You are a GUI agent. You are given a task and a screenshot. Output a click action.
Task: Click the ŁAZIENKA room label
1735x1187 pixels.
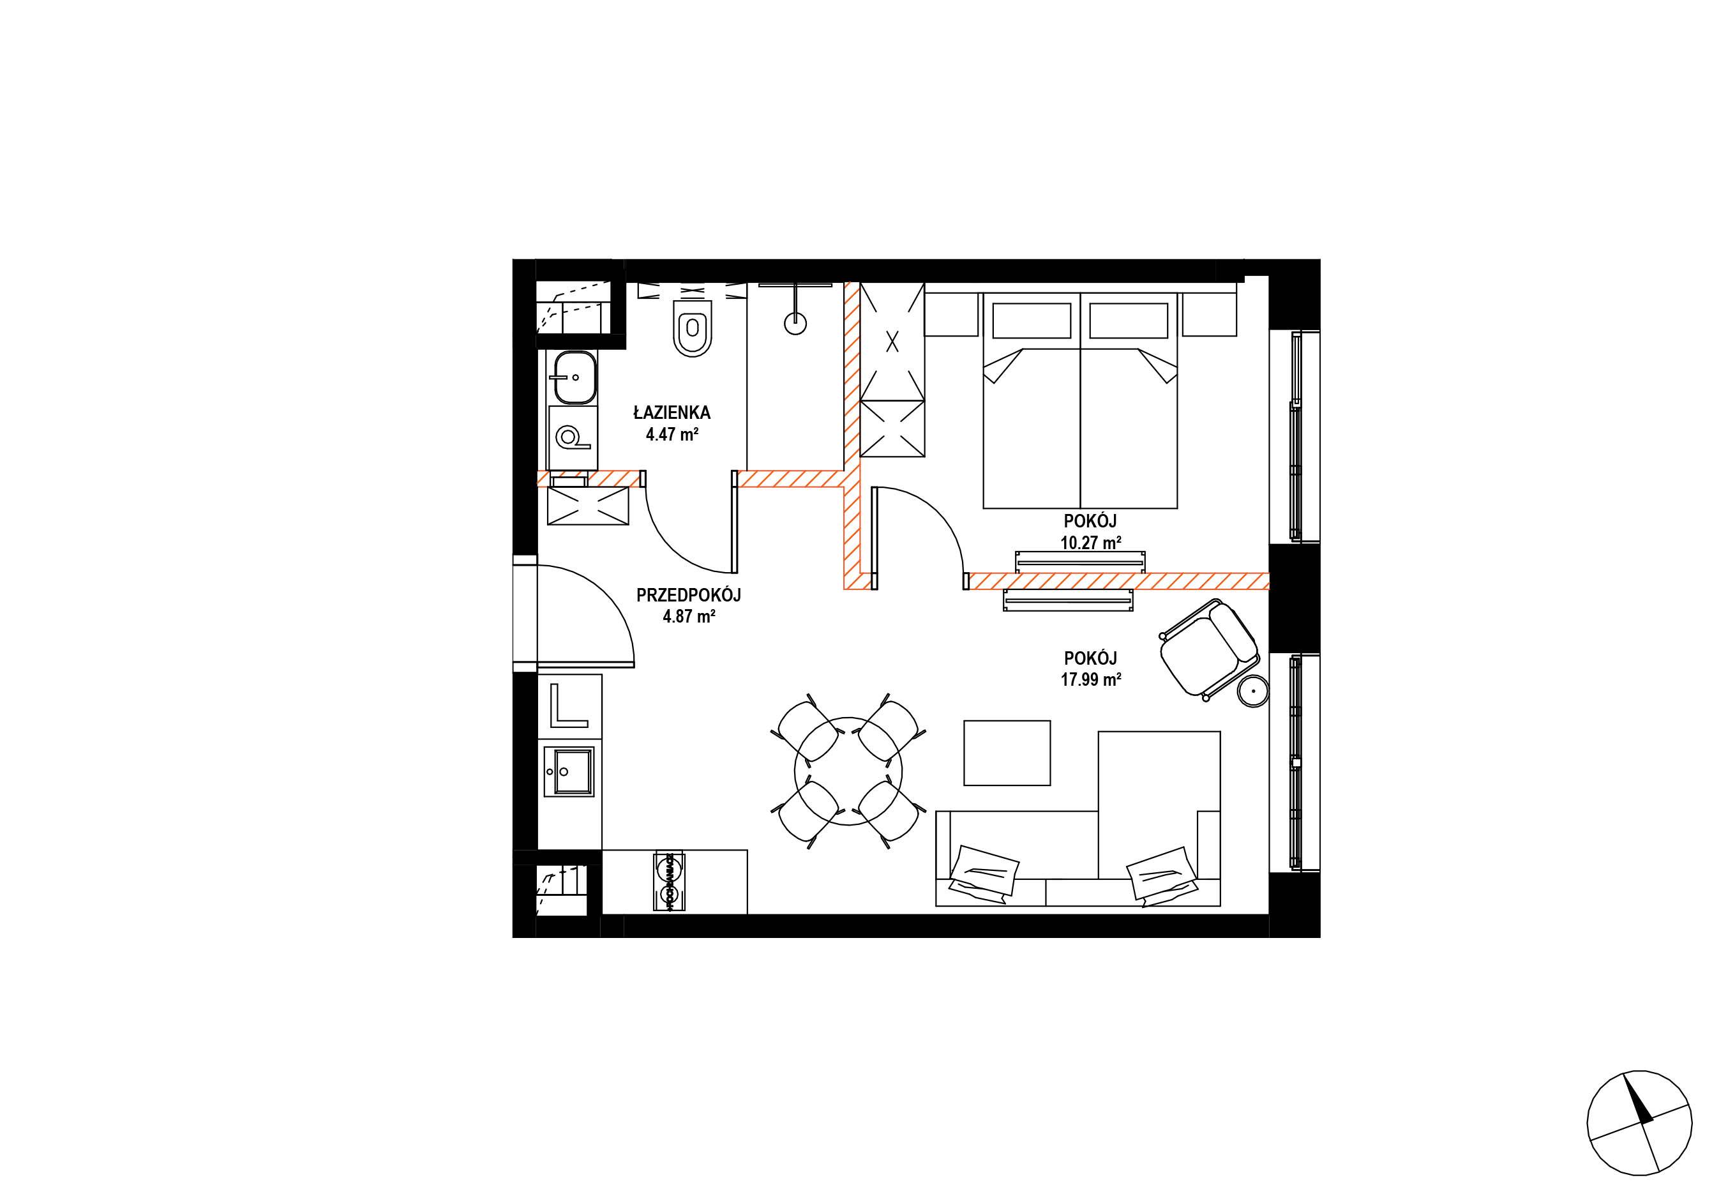[x=672, y=412]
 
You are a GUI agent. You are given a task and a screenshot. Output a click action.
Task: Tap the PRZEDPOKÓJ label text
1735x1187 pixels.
[x=688, y=595]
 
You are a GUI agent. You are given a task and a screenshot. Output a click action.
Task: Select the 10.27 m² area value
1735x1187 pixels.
[x=1091, y=543]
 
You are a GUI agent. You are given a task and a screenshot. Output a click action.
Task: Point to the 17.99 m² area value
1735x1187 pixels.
[x=1091, y=679]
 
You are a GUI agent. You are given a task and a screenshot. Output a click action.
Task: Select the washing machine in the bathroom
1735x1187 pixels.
[x=573, y=437]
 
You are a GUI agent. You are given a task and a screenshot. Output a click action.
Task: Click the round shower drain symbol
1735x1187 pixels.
[x=796, y=323]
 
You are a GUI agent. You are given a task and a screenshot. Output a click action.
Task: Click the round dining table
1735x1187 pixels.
[x=849, y=772]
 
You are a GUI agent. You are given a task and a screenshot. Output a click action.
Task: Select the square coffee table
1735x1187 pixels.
[x=1007, y=753]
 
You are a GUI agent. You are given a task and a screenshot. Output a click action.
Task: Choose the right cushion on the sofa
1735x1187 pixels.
[x=1159, y=874]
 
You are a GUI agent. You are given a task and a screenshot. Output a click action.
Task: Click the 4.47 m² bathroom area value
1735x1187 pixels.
[x=672, y=434]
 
